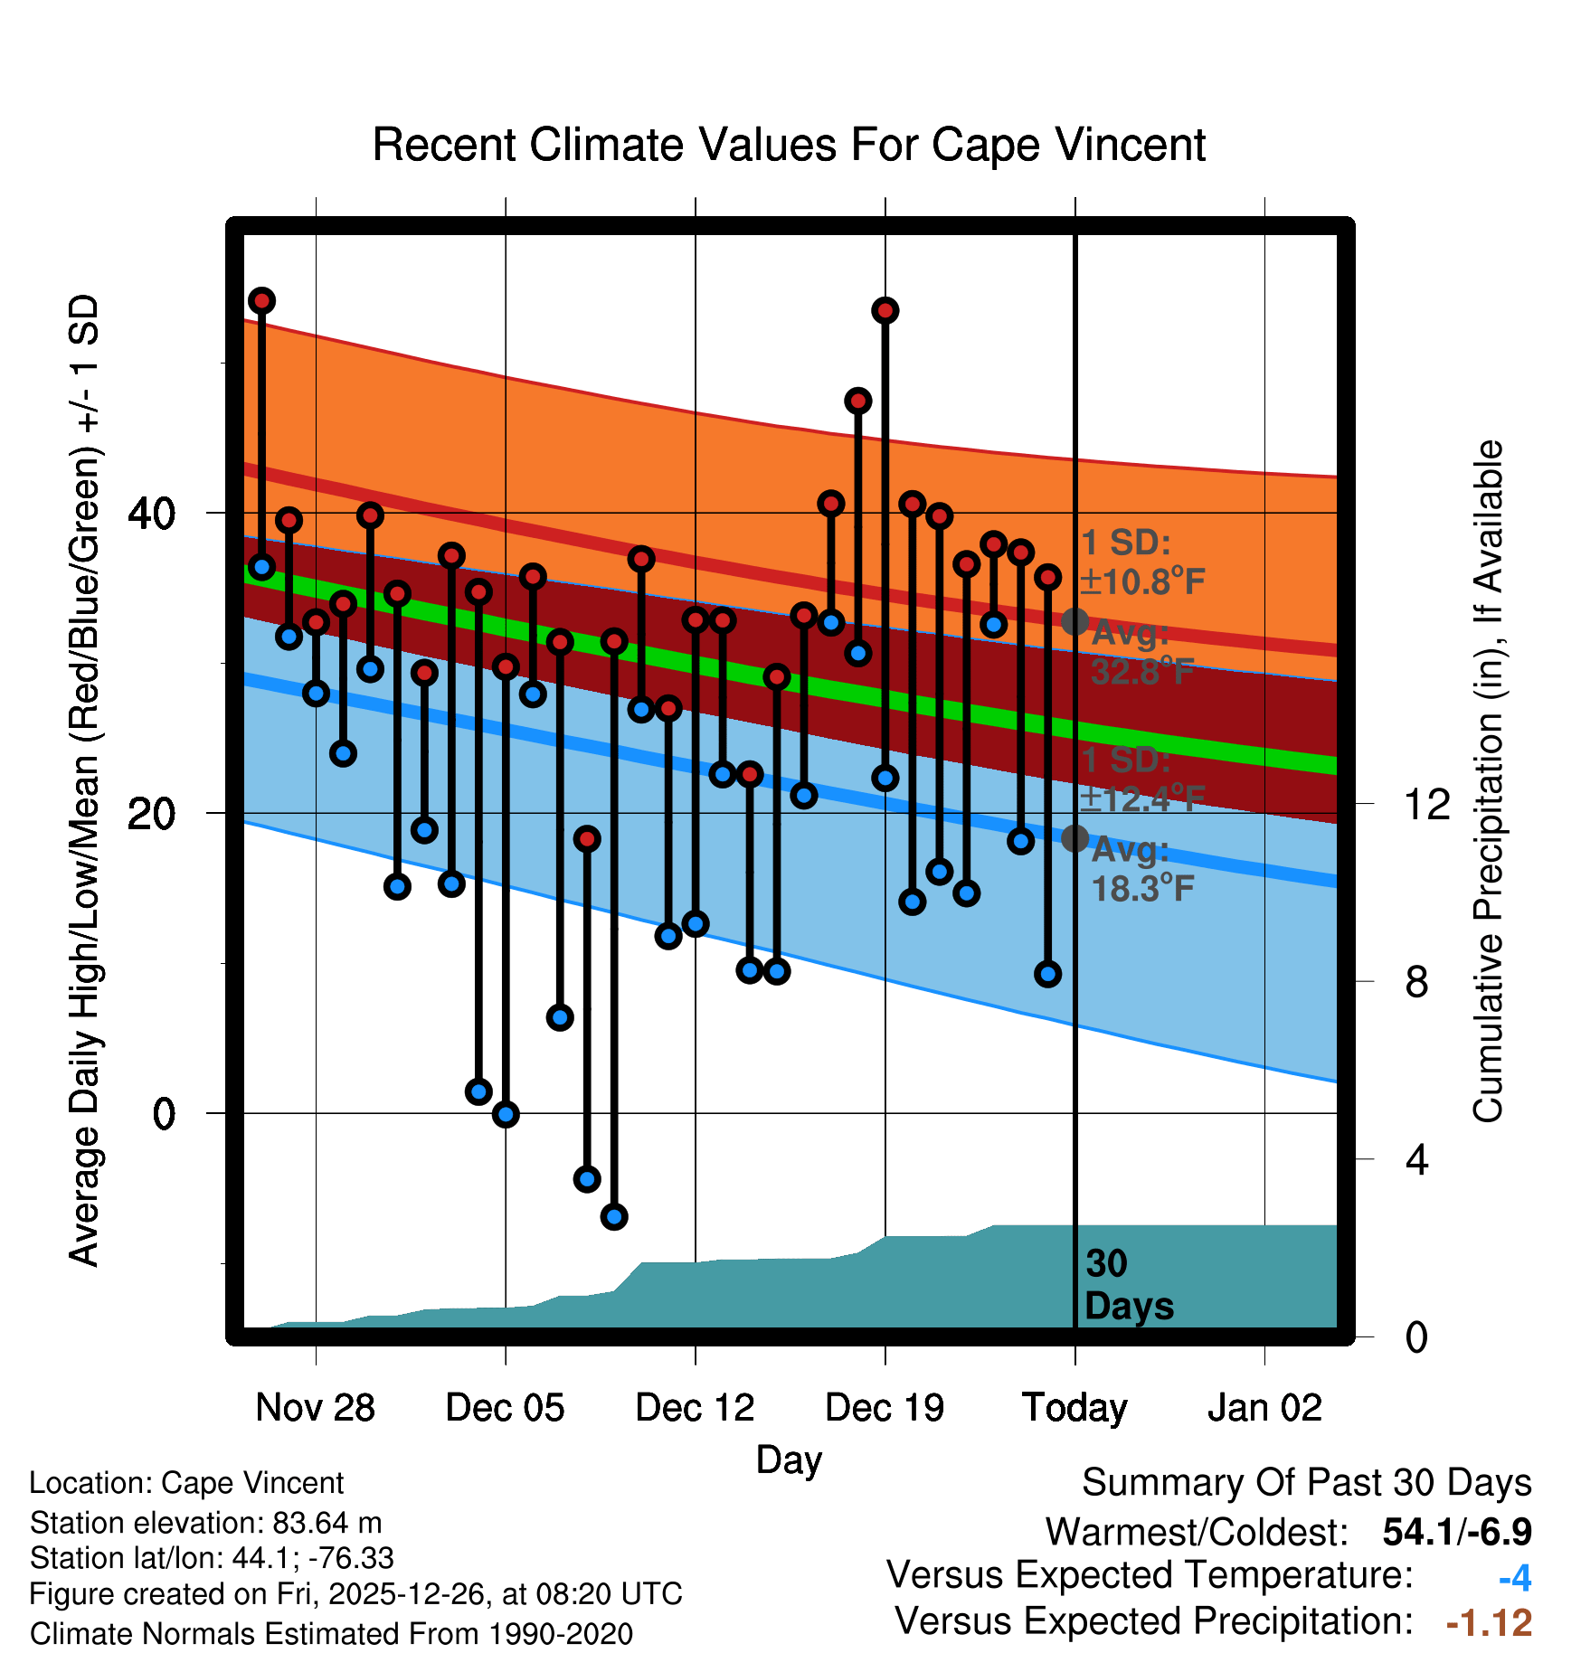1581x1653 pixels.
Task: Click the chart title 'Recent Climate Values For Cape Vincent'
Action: (789, 145)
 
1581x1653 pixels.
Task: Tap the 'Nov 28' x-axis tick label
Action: (315, 1407)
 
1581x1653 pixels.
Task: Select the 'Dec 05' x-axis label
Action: (505, 1407)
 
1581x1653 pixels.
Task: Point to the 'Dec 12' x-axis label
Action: (695, 1407)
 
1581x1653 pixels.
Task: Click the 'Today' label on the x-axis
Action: (1075, 1407)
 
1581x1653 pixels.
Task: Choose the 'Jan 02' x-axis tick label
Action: (1264, 1407)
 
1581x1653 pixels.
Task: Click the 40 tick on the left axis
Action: (152, 514)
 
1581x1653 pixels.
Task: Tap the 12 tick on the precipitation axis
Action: (1427, 804)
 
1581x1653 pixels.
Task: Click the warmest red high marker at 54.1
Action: (262, 300)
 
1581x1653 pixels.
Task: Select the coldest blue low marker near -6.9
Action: (614, 1216)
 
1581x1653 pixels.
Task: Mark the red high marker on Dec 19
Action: (885, 310)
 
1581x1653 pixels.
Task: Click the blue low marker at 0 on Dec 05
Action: (506, 1113)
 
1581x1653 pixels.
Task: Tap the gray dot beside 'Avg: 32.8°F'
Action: (1075, 621)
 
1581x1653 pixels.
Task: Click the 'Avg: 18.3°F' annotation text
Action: (1141, 870)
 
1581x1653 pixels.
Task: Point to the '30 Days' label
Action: (1128, 1285)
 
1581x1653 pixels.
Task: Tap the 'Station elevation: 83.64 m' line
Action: (205, 1523)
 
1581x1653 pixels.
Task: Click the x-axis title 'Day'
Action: (789, 1459)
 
